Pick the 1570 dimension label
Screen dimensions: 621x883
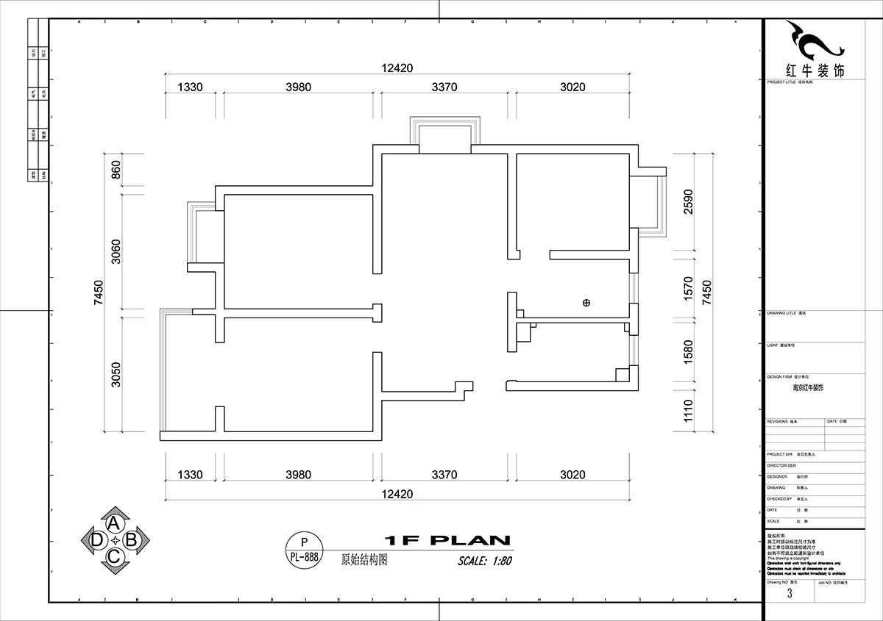tap(688, 286)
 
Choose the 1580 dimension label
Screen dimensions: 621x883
tap(688, 351)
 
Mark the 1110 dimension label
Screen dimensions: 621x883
tap(688, 410)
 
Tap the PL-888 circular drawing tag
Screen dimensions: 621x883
tap(302, 550)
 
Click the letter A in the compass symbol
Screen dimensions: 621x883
tap(114, 523)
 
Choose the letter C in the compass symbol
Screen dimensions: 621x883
tap(114, 557)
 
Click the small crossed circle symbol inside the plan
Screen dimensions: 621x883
tap(586, 302)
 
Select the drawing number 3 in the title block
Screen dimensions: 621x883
tap(790, 594)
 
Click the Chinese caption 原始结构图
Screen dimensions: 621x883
tap(364, 559)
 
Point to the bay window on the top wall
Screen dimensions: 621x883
tap(444, 135)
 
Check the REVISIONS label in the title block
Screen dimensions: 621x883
tap(777, 422)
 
